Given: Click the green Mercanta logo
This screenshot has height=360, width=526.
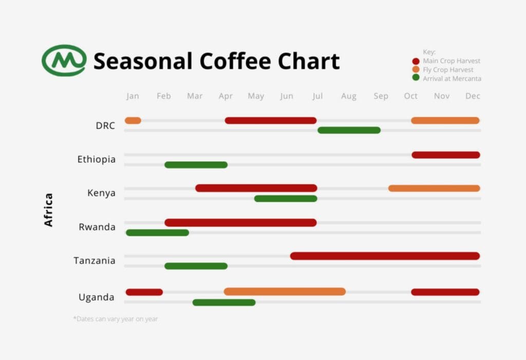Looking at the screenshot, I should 64,61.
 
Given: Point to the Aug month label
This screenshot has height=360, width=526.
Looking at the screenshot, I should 348,96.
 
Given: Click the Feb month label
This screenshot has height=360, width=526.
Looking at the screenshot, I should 164,96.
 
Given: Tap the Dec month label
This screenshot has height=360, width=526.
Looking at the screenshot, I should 473,96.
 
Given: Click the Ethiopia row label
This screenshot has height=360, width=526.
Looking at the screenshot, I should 97,159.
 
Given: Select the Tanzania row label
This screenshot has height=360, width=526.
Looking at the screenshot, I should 95,260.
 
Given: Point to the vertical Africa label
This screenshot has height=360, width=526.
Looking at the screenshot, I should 49,210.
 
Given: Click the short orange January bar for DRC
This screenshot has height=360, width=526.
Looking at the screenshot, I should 133,121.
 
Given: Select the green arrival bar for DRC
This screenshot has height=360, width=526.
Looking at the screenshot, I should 349,130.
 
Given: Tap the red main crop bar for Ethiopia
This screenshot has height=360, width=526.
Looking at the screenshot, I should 445,155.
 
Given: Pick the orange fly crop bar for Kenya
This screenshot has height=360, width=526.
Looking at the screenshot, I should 434,188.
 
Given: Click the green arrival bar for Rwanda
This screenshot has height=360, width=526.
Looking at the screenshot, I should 157,233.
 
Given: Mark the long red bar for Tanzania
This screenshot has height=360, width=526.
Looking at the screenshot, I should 385,256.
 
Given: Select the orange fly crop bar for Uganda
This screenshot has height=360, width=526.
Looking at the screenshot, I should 285,292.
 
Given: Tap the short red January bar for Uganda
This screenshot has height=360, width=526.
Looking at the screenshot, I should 144,292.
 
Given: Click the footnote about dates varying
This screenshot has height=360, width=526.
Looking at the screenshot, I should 116,319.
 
